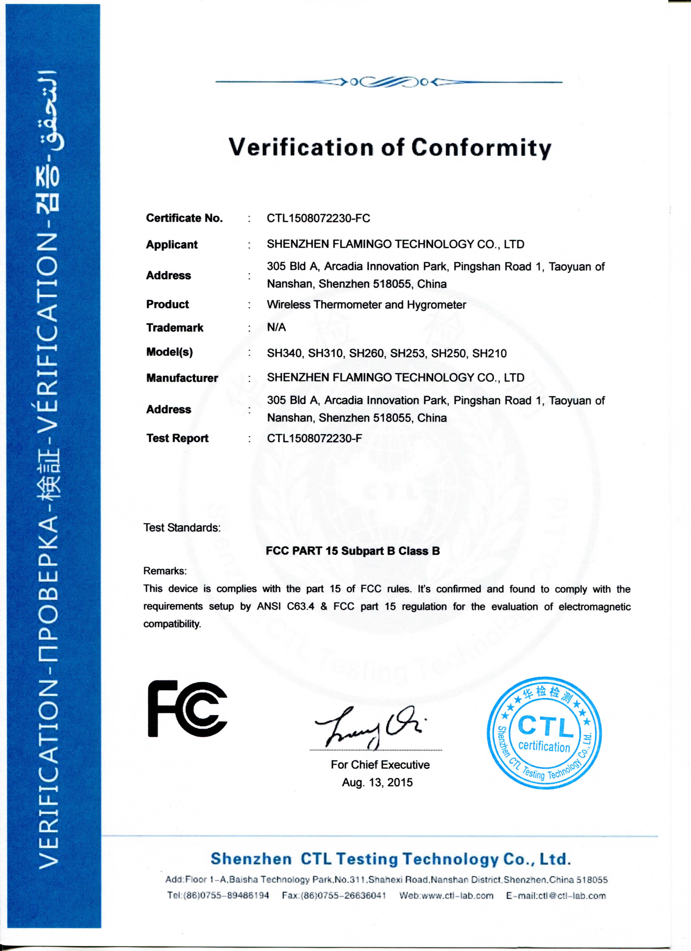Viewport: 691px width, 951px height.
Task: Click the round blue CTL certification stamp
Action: [544, 732]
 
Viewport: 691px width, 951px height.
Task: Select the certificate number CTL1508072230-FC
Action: [318, 218]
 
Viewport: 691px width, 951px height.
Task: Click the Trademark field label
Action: [175, 327]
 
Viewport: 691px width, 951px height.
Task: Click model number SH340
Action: [284, 353]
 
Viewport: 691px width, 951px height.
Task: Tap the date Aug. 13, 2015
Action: [377, 782]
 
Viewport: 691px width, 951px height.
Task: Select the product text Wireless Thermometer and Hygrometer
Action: [366, 305]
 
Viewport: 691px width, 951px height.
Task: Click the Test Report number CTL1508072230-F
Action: [314, 438]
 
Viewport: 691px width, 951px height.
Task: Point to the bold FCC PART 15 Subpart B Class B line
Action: [353, 551]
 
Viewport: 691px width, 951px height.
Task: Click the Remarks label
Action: [165, 571]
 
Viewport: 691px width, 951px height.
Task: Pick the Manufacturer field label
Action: [182, 378]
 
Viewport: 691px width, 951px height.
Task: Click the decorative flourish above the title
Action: [388, 82]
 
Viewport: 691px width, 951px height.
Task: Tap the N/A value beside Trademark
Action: [276, 327]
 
